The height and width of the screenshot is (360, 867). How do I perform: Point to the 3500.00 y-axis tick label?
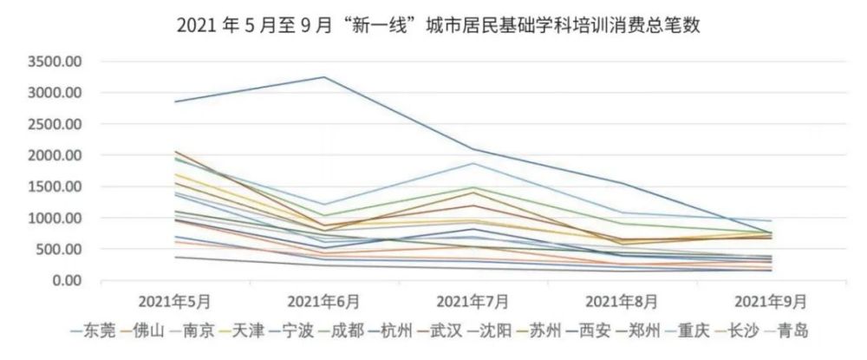[54, 62]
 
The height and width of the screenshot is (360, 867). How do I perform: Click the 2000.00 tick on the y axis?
[54, 155]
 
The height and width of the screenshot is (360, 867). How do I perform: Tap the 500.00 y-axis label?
[59, 249]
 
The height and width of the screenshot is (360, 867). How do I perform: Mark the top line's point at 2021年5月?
[176, 101]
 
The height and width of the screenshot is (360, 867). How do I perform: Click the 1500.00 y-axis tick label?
[54, 187]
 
